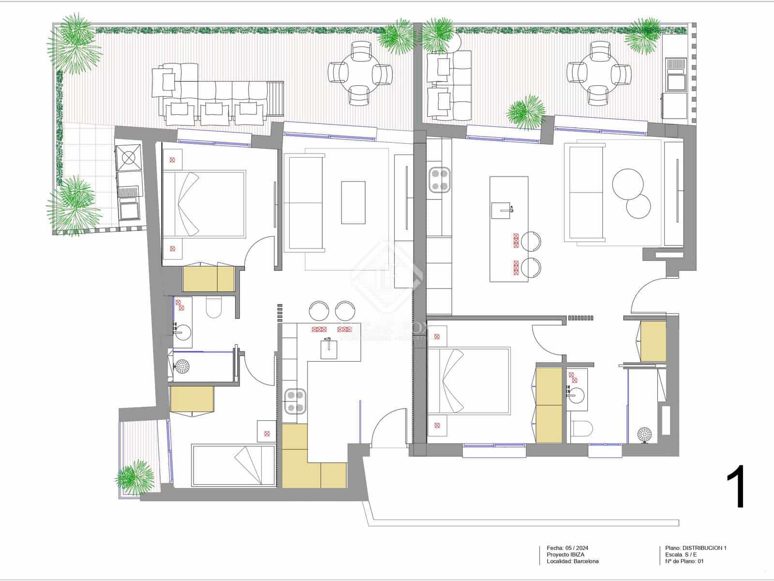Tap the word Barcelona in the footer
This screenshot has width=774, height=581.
586,562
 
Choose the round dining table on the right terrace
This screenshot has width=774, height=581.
599,74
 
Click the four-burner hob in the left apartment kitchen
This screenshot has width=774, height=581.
295,402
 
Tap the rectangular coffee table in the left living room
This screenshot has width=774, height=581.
353,202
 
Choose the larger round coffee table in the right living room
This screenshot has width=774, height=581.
628,184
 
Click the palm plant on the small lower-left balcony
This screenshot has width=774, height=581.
136,477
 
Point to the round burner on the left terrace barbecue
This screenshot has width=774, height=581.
129,158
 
